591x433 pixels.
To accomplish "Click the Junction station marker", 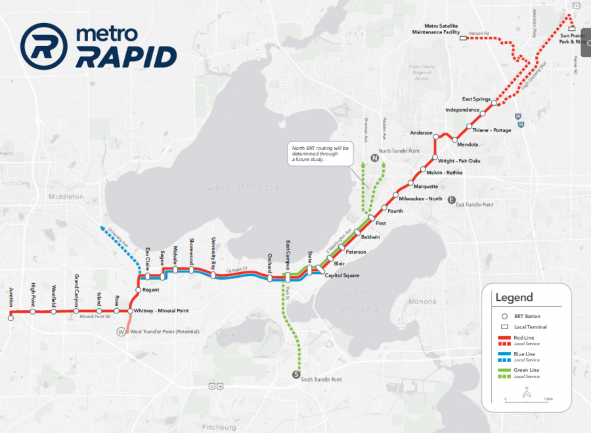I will tap(11, 317).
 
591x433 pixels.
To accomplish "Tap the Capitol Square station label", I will tap(342, 275).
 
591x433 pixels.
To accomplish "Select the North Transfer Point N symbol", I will tap(374, 158).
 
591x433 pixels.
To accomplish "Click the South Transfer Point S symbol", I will tap(296, 375).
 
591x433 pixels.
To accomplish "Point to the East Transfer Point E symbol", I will tap(451, 200).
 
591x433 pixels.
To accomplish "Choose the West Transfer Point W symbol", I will tap(120, 331).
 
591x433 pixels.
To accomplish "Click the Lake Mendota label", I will tap(243, 187).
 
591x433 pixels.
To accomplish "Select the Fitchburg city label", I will tap(219, 427).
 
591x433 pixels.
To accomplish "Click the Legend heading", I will tap(514, 298).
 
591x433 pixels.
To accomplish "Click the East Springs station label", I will tap(476, 99).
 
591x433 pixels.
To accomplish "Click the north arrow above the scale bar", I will tap(527, 392).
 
